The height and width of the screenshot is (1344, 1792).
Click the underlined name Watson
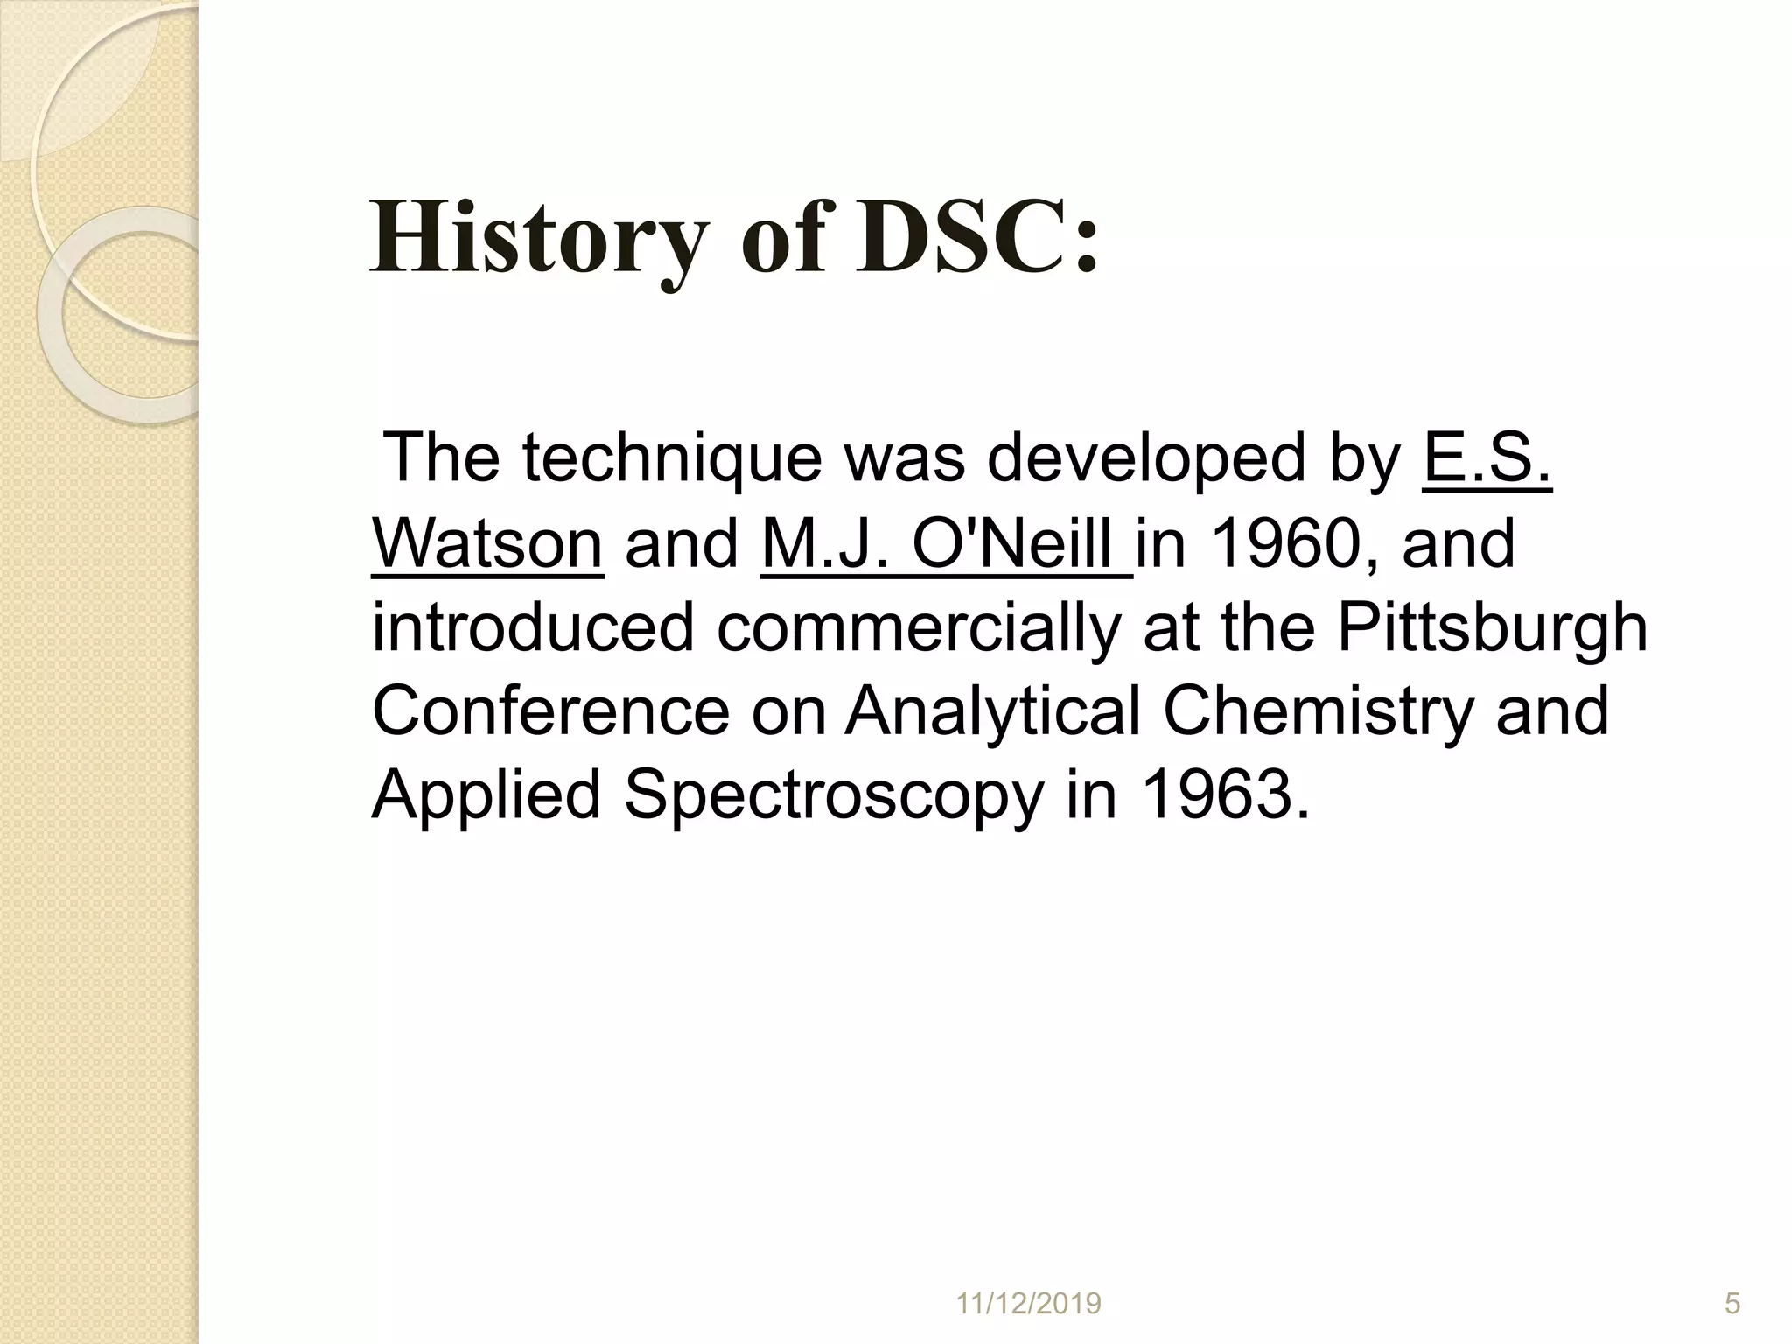[x=487, y=543]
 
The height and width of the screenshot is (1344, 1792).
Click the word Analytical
[x=992, y=710]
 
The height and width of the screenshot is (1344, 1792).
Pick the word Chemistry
[x=1318, y=710]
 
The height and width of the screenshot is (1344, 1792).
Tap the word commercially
[x=918, y=628]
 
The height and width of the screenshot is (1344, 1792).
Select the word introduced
[x=532, y=628]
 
